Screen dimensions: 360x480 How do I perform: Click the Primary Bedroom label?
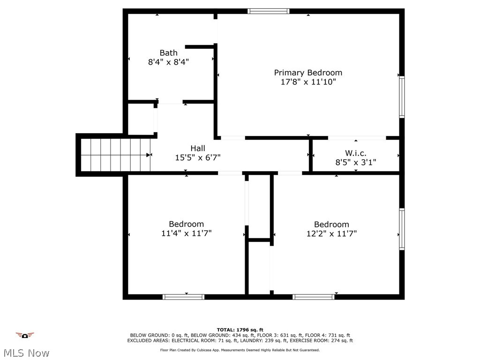pyautogui.click(x=308, y=73)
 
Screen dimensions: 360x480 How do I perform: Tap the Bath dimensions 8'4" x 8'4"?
pyautogui.click(x=168, y=61)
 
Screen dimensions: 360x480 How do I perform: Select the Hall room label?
pyautogui.click(x=198, y=149)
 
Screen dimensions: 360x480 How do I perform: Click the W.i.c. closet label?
pyautogui.click(x=355, y=153)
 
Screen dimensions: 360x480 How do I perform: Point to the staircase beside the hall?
pyautogui.click(x=115, y=155)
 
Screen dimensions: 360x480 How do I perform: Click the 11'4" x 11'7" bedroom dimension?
pyautogui.click(x=187, y=233)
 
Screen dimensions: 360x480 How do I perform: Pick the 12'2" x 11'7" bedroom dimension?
pyautogui.click(x=331, y=233)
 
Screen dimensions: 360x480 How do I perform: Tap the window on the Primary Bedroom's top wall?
pyautogui.click(x=269, y=11)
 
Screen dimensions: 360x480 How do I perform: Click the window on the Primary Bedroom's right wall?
pyautogui.click(x=402, y=97)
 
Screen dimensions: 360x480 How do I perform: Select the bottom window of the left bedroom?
pyautogui.click(x=183, y=297)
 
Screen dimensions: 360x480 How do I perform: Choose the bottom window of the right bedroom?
pyautogui.click(x=314, y=297)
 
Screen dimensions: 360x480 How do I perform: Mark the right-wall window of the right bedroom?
pyautogui.click(x=402, y=229)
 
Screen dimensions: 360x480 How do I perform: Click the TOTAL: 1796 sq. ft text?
pyautogui.click(x=240, y=330)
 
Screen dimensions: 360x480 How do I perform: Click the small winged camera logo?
pyautogui.click(x=25, y=335)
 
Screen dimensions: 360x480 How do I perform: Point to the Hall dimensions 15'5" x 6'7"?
pyautogui.click(x=198, y=158)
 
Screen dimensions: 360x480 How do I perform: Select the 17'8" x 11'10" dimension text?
pyautogui.click(x=308, y=82)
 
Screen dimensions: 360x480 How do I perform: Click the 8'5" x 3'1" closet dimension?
pyautogui.click(x=355, y=163)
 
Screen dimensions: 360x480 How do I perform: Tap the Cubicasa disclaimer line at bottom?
pyautogui.click(x=240, y=350)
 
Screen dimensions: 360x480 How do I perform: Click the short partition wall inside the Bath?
pyautogui.click(x=201, y=47)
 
